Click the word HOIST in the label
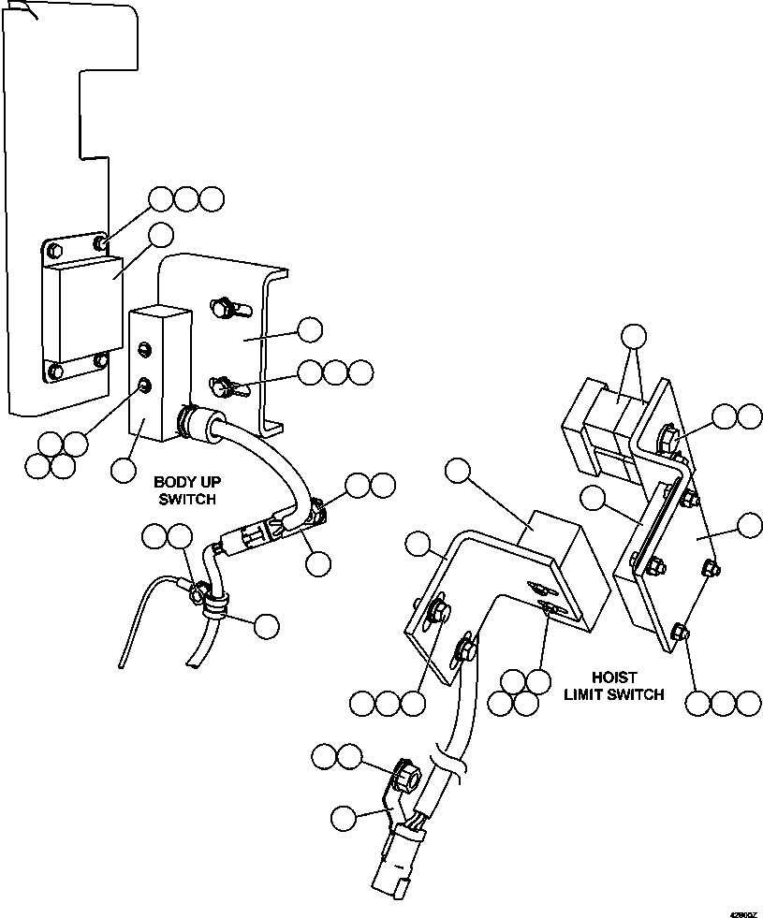click(x=614, y=677)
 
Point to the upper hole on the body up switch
click(x=144, y=349)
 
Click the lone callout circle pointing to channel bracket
click(x=309, y=329)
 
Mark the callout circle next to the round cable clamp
click(x=267, y=625)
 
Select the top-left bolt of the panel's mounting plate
click(x=53, y=250)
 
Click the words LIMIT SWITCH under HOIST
click(x=614, y=694)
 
